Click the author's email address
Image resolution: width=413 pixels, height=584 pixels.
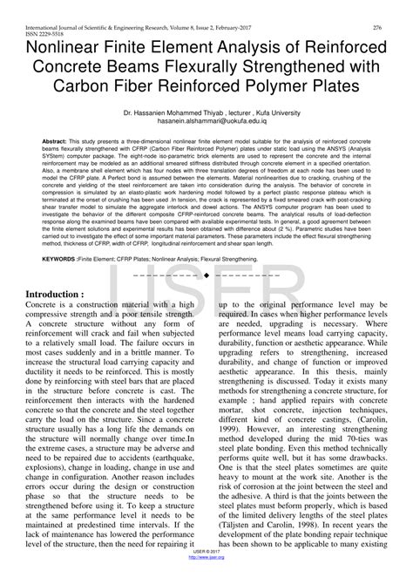(206, 123)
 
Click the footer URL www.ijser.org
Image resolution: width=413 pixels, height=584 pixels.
(206, 580)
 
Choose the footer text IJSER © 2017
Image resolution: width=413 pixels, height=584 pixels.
(206, 574)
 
